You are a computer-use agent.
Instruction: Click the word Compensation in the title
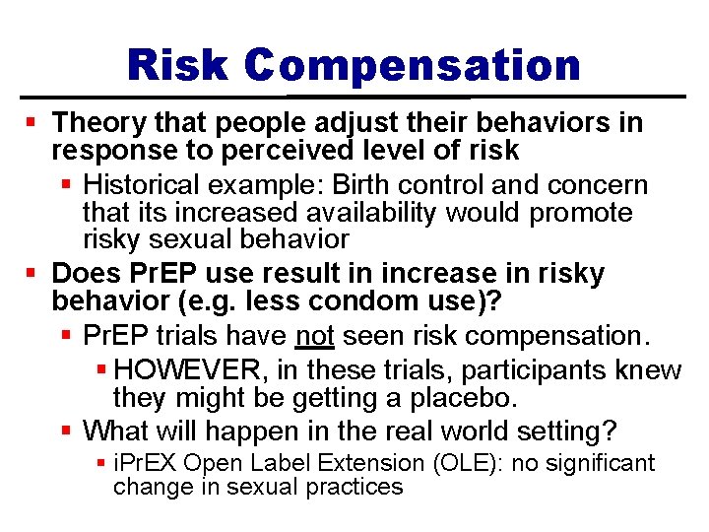point(414,66)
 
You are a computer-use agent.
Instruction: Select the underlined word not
point(315,336)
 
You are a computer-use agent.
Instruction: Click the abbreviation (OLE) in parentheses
point(401,463)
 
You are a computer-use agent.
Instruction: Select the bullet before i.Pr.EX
point(101,463)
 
